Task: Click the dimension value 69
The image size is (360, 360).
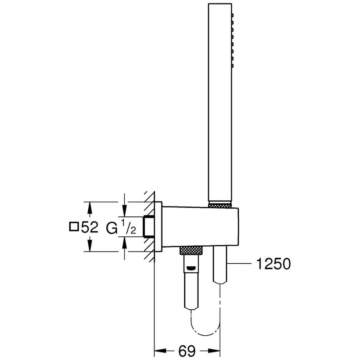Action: click(187, 351)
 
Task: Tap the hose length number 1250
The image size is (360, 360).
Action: click(273, 264)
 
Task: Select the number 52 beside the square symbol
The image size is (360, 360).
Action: click(90, 227)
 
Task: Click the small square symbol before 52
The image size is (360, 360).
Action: click(74, 227)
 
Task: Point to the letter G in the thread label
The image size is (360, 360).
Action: click(112, 228)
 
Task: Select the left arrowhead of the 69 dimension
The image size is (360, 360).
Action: click(160, 351)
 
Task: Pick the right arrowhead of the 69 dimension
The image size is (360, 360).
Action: click(214, 351)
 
